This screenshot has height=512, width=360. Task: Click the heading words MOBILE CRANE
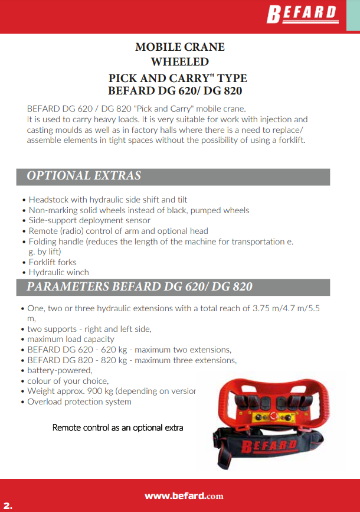(x=180, y=47)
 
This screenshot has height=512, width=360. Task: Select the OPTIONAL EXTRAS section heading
(x=84, y=176)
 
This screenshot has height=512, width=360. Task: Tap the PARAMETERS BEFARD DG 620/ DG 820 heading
(x=139, y=287)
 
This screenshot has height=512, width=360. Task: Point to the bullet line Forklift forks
(x=53, y=262)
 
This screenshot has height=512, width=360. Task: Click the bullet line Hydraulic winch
(x=58, y=272)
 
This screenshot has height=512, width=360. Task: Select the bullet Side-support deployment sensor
(x=89, y=221)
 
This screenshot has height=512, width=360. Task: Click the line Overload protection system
(x=79, y=402)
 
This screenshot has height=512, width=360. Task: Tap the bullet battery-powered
(x=60, y=370)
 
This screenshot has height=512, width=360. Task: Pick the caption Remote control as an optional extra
(x=118, y=428)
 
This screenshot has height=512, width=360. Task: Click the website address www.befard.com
(x=184, y=496)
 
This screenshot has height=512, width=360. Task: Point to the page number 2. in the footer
(x=8, y=506)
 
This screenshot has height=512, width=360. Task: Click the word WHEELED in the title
(x=180, y=61)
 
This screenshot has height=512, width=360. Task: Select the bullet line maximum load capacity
(x=71, y=339)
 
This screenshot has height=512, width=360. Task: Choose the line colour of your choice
(x=68, y=381)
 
